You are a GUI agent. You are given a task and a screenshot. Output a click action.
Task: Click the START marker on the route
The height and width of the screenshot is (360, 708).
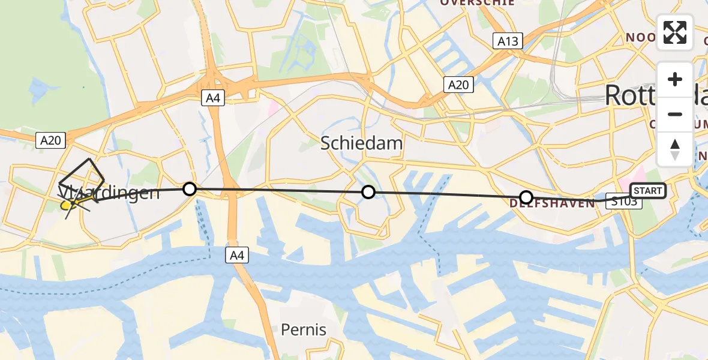pos(647,191)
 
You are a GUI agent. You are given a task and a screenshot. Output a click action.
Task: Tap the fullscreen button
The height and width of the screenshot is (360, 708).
pos(675,32)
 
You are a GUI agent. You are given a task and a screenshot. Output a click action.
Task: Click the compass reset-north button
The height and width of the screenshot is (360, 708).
pos(675,149)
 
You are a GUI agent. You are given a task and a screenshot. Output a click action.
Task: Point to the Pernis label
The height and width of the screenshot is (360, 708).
pos(304,329)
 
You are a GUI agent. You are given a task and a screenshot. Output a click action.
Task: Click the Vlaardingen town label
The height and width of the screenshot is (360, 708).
pos(109,193)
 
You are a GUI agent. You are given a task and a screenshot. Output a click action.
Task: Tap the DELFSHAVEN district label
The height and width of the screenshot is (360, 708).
pos(552,203)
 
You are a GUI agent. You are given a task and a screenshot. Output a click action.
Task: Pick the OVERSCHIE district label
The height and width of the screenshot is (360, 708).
pos(478,3)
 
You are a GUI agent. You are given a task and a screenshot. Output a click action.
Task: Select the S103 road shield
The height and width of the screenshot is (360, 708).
pos(624,202)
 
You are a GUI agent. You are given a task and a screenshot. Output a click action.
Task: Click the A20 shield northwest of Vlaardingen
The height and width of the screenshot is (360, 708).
pos(50,140)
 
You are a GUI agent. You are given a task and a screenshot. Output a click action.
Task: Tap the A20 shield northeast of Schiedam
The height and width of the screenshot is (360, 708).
pos(458,85)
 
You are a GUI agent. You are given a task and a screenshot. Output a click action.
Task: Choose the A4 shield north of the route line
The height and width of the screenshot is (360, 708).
pos(213,98)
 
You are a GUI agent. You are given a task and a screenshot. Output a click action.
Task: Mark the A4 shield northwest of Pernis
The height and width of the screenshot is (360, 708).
pos(236,256)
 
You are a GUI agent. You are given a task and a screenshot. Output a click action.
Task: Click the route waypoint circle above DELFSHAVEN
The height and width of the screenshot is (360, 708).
pos(526,197)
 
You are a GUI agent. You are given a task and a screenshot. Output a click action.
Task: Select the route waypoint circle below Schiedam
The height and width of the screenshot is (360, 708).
pos(368,192)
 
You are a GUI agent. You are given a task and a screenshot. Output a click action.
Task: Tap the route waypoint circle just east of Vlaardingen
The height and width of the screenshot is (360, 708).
pos(190,189)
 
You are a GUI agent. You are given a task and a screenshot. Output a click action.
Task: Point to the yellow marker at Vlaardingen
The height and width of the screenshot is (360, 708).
pos(66,205)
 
